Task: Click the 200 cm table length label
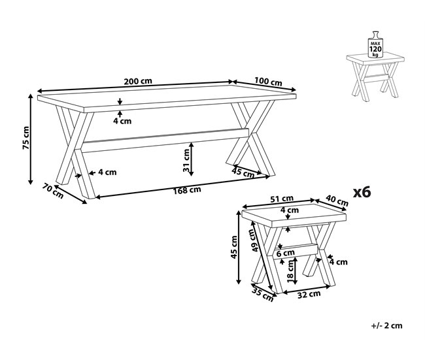138,81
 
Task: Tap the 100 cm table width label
268,81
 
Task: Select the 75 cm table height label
26,138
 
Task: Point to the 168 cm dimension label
187,190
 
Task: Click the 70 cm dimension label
53,191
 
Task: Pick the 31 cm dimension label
186,160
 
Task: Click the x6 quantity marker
362,192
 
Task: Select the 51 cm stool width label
282,199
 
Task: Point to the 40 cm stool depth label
337,201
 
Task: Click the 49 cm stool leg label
255,240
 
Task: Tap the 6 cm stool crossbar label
286,254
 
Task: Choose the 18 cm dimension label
290,272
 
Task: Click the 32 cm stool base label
309,295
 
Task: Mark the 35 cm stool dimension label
263,294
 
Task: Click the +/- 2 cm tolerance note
386,325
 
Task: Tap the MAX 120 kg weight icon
375,44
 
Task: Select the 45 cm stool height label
234,247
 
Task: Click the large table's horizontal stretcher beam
165,140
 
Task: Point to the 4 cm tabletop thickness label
122,121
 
